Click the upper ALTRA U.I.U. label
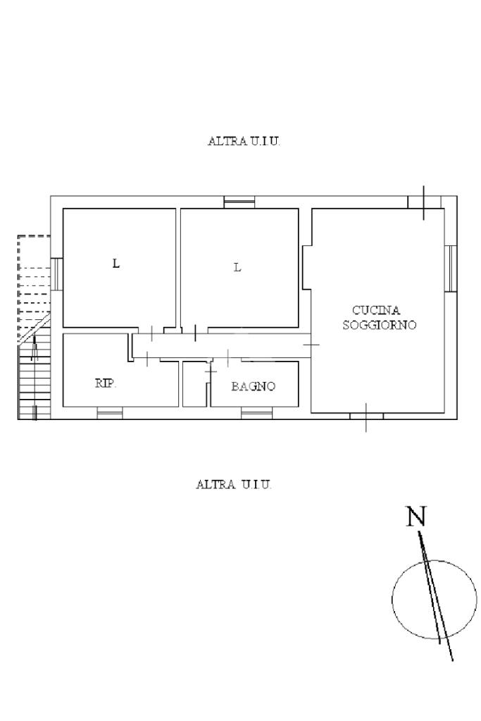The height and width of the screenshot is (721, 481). coord(244,141)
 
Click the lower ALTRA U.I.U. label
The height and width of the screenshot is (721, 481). coord(234,484)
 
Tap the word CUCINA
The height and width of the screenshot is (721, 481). coord(376,310)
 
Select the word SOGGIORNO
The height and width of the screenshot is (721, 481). coord(380,325)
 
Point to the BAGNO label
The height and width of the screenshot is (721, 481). coord(253,386)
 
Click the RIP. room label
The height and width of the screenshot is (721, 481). coord(106,383)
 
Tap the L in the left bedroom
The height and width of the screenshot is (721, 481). coord(116,264)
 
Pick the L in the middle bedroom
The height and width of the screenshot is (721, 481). coord(237,266)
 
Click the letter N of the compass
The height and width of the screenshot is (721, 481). coord(416,516)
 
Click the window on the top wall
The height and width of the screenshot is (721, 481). coord(239,202)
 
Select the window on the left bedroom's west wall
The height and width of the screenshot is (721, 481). coord(56,274)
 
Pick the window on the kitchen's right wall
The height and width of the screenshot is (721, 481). coord(451,269)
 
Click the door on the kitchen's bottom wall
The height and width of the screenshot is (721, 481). coord(366,416)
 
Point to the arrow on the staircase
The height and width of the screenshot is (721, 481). coord(34,348)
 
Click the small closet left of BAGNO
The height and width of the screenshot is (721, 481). coord(194,384)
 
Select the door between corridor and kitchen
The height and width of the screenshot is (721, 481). coord(311,345)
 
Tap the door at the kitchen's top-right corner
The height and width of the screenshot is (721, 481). coord(424,203)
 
